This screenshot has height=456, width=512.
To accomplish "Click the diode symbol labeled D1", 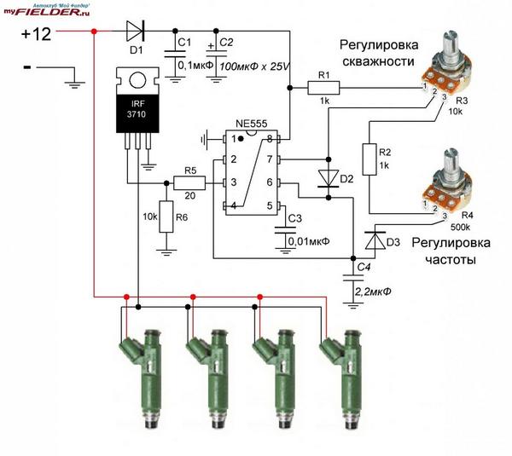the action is (136, 31).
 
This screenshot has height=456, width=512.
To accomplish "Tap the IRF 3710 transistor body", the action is (137, 100).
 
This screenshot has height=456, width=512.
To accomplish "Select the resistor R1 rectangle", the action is (323, 88).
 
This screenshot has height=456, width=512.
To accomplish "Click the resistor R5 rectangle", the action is (189, 183).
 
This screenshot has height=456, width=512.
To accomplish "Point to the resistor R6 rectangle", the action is (166, 216).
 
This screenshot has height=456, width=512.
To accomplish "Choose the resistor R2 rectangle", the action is (369, 159).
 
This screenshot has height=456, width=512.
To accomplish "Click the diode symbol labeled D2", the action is (329, 179).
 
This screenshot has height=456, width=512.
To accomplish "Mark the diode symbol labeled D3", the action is (375, 240).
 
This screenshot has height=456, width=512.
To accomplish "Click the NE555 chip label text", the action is (251, 124).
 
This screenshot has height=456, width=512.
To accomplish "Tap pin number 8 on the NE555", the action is (270, 139).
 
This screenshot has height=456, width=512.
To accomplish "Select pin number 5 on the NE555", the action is (270, 205).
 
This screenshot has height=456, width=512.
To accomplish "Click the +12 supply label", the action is (36, 33).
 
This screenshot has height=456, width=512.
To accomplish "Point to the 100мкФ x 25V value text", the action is (254, 66).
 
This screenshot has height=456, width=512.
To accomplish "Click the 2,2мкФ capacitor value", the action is (373, 291).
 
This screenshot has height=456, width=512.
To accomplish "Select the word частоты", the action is (451, 260).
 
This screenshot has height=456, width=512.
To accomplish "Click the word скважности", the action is (378, 61).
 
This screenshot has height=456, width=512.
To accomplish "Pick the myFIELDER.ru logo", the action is (46, 10).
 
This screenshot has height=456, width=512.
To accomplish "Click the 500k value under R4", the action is (460, 228).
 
